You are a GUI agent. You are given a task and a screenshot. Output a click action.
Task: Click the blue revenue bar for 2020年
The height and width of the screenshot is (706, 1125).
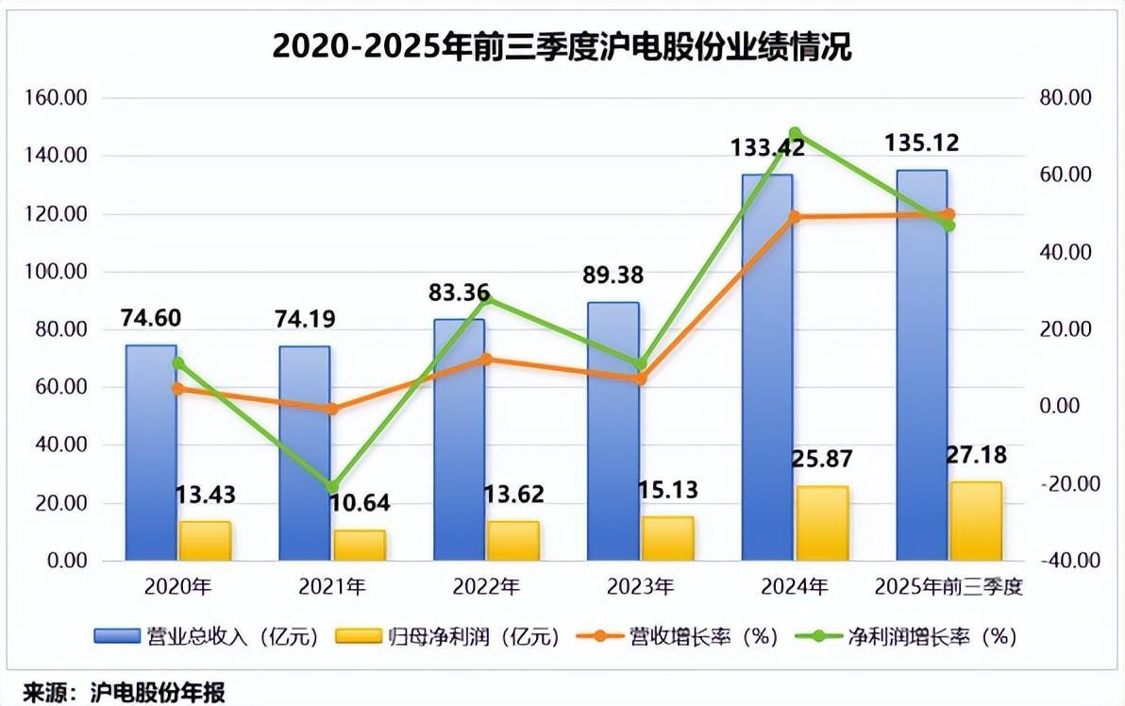point(151,453)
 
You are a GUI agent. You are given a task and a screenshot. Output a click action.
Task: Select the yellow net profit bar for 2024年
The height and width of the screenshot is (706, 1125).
point(822,524)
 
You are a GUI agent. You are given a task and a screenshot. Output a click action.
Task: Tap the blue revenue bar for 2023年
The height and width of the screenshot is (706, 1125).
point(613,434)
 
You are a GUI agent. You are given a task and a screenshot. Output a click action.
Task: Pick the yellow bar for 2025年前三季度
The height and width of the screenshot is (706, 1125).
point(976,522)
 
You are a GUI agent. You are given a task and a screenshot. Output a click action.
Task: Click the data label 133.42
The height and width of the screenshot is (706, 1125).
point(767,147)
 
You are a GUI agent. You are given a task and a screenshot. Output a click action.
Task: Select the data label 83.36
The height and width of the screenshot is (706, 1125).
point(457,294)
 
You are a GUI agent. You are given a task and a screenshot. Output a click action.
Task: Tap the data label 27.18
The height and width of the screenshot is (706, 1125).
point(975,455)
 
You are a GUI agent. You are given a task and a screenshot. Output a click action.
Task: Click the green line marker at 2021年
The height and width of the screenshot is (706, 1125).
point(332,488)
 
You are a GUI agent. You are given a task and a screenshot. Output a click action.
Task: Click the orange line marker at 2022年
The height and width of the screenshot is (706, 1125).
point(486,360)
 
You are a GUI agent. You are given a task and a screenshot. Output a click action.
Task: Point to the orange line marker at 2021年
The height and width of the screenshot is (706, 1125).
point(332,409)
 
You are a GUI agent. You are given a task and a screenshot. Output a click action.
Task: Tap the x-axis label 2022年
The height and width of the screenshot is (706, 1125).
point(486,587)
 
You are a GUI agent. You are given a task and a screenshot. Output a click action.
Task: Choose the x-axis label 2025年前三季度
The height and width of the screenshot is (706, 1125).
point(949,587)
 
